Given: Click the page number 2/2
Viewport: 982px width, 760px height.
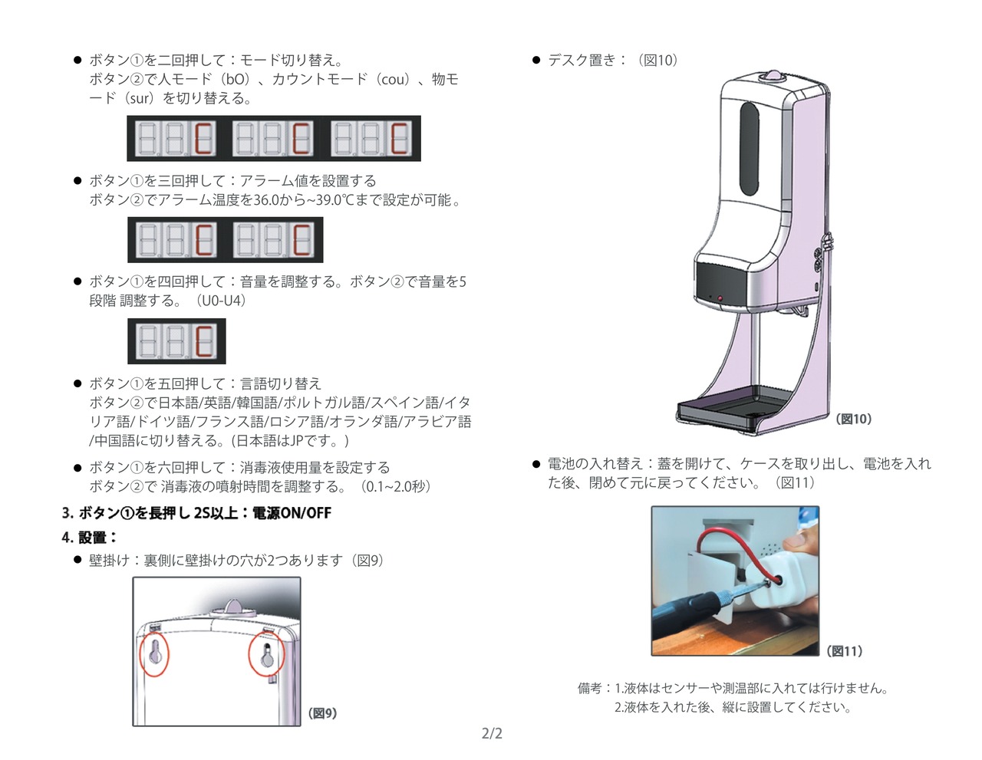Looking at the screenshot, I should [492, 734].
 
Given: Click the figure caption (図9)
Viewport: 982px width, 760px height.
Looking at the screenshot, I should [323, 713].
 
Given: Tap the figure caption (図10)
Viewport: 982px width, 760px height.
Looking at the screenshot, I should [853, 419].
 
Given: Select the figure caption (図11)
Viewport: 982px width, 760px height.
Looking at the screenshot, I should [845, 651].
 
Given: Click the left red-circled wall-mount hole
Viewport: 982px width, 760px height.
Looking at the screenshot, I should [155, 653].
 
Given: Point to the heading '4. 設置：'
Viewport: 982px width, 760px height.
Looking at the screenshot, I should [89, 538].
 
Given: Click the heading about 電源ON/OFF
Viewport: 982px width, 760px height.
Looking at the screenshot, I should [196, 513].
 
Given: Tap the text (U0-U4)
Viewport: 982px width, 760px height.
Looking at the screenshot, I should [221, 301].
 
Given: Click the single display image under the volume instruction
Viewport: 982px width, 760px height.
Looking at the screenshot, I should [176, 341].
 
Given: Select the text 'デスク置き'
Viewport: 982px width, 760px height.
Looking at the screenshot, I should [582, 60].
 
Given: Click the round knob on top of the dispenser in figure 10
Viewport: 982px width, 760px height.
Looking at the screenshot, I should [772, 77].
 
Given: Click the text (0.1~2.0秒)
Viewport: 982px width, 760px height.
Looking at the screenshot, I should [396, 487].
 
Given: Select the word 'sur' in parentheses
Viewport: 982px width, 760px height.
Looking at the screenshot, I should [140, 98].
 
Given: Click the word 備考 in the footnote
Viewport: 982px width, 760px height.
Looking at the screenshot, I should [589, 689].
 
